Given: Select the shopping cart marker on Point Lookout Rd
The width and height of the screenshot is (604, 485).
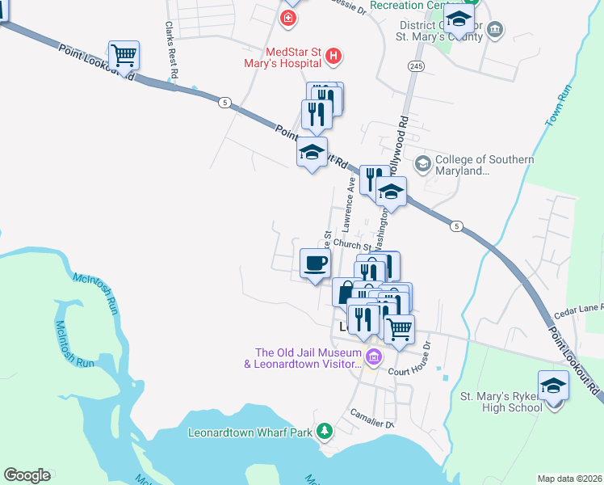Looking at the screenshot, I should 124,56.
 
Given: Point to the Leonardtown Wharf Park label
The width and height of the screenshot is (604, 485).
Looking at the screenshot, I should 250,432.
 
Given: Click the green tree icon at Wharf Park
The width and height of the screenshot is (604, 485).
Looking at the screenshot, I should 325,432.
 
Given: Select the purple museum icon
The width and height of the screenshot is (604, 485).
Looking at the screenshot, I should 374,356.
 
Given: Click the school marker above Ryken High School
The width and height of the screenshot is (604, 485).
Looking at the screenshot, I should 553,386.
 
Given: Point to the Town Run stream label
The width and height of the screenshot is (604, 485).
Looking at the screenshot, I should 558,105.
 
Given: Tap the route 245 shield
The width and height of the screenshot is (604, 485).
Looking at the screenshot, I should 416,65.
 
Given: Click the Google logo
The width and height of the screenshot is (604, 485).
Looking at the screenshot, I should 27,475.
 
